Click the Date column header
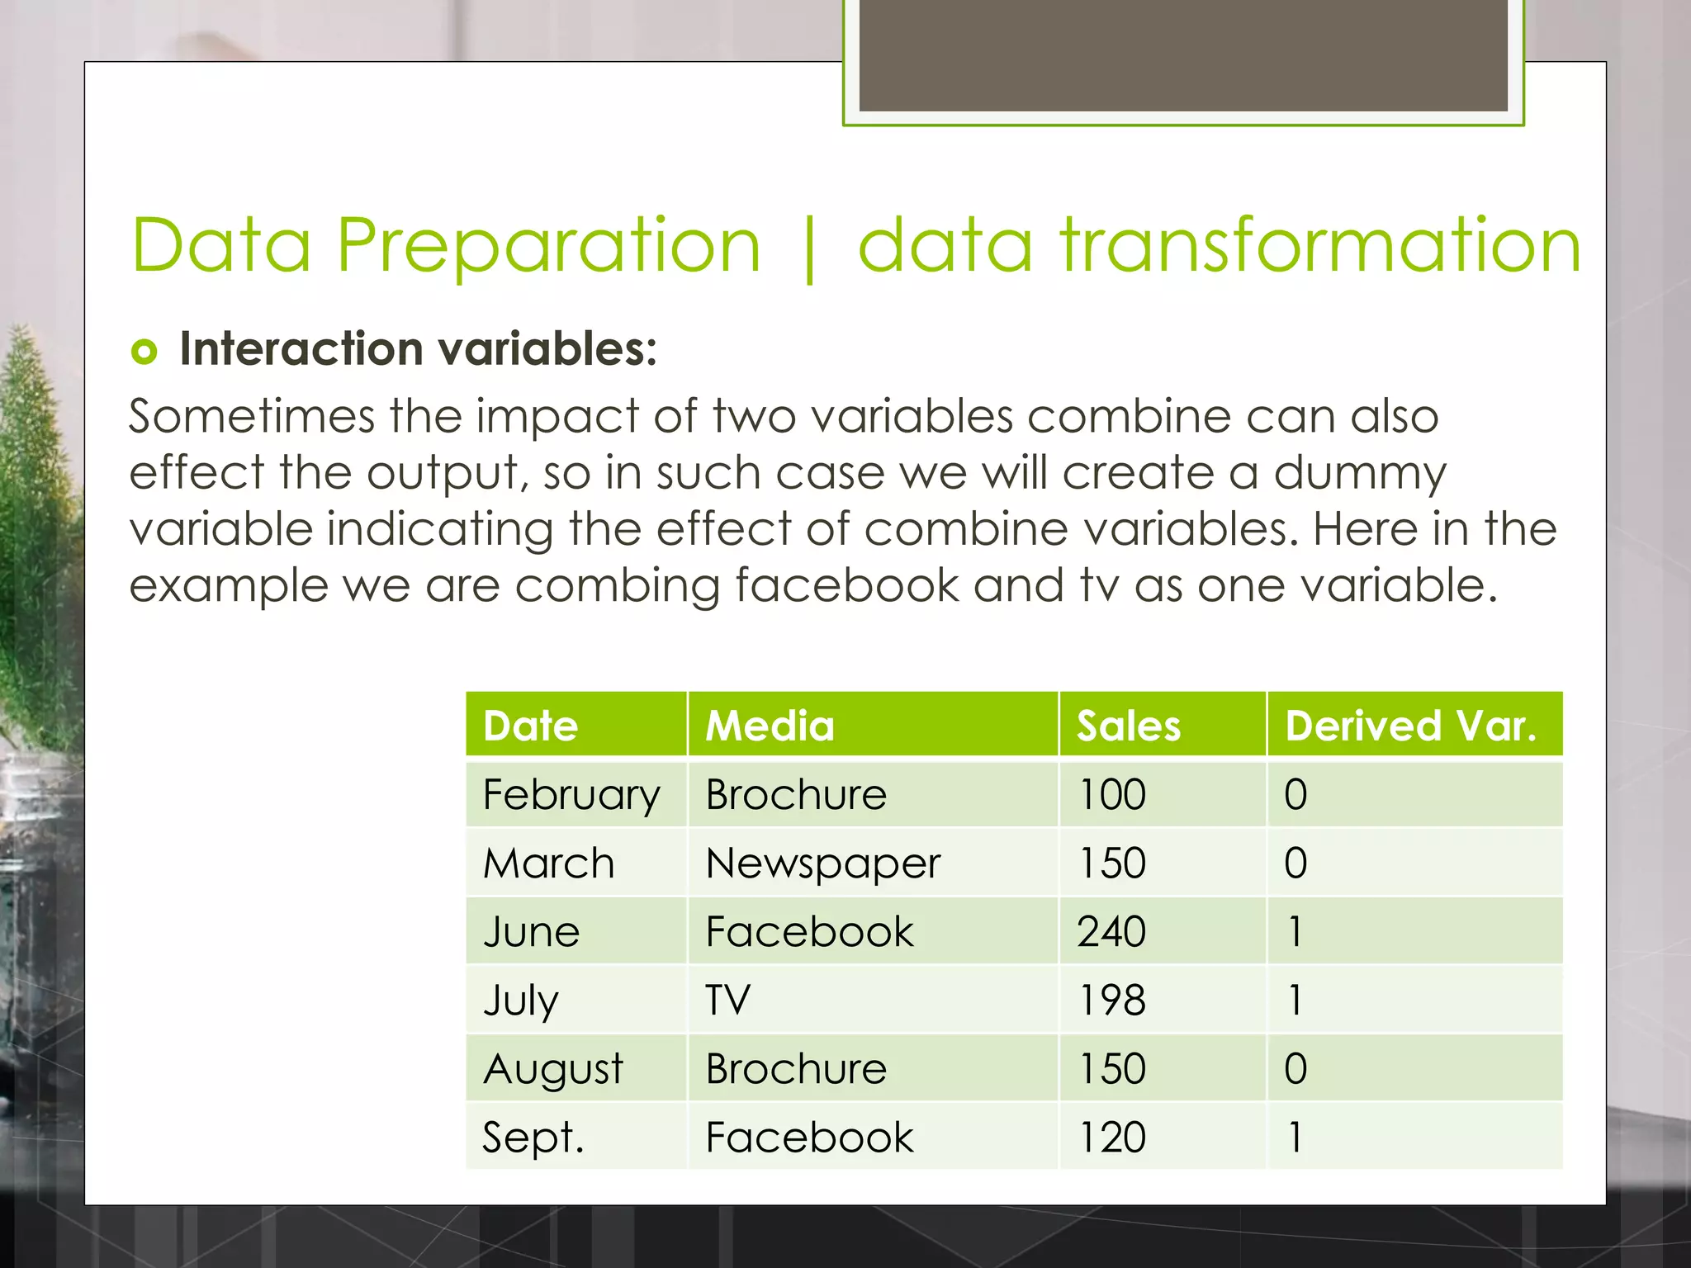530,726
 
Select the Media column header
769,726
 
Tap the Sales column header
1128,726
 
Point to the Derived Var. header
1410,726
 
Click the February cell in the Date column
571,795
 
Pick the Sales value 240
1111,932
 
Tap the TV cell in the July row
727,1000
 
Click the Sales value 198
1111,1000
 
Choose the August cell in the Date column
552,1069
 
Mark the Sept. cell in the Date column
533,1138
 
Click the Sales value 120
1111,1138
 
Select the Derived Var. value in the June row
1295,932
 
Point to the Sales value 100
1111,795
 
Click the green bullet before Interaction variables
144,352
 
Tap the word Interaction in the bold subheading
301,348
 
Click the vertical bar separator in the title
809,248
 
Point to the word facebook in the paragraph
846,585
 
